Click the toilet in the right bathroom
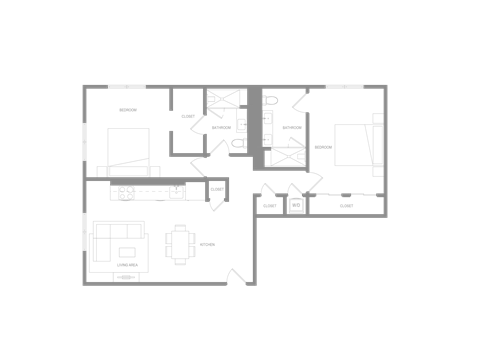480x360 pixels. [x=268, y=117]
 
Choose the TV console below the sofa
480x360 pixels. [x=126, y=276]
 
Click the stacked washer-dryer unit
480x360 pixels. [x=295, y=205]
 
